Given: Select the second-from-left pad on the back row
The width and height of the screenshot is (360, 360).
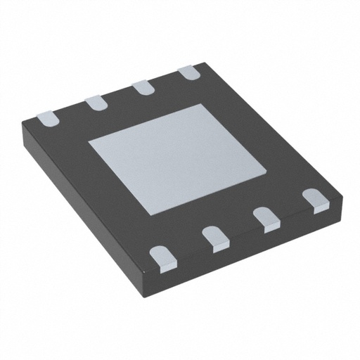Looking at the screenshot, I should tap(96, 102).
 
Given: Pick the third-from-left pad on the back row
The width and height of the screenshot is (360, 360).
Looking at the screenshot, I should tap(143, 87).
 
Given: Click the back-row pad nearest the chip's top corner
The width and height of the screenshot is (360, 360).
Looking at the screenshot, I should tap(187, 73).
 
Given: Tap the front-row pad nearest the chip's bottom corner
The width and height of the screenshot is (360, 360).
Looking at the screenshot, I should tap(162, 256).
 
